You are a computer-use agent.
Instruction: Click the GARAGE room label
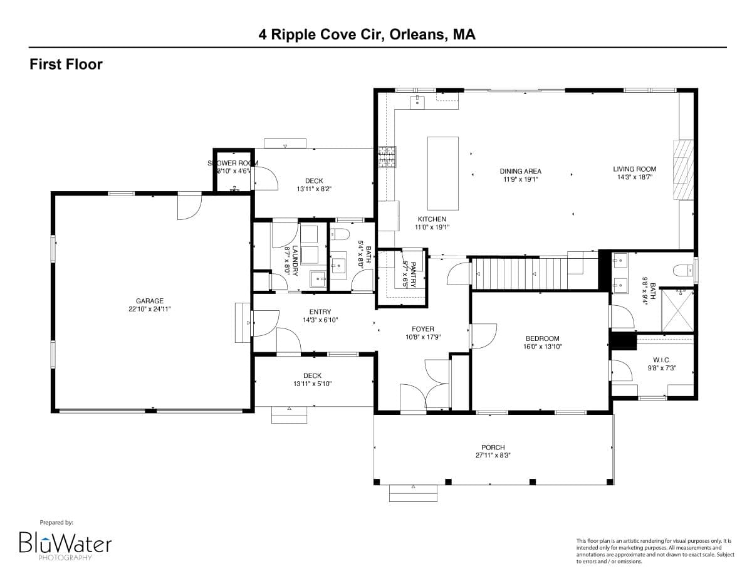(x=149, y=301)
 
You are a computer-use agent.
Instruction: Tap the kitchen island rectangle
(x=442, y=173)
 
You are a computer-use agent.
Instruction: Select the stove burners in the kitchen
(x=387, y=157)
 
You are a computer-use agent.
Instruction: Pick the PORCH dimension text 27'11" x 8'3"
(x=493, y=456)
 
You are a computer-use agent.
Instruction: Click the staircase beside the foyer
(x=533, y=273)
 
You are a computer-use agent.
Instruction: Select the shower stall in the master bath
(x=677, y=310)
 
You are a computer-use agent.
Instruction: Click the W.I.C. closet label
(x=661, y=360)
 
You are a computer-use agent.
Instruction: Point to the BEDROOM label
(x=542, y=338)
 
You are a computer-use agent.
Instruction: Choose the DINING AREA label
(x=520, y=171)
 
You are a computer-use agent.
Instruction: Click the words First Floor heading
(x=66, y=64)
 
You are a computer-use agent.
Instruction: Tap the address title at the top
(x=367, y=34)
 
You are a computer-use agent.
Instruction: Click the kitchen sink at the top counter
(x=418, y=101)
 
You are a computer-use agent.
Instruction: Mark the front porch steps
(x=413, y=493)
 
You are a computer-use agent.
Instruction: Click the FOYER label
(x=422, y=329)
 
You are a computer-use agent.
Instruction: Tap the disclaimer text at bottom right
(x=654, y=551)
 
